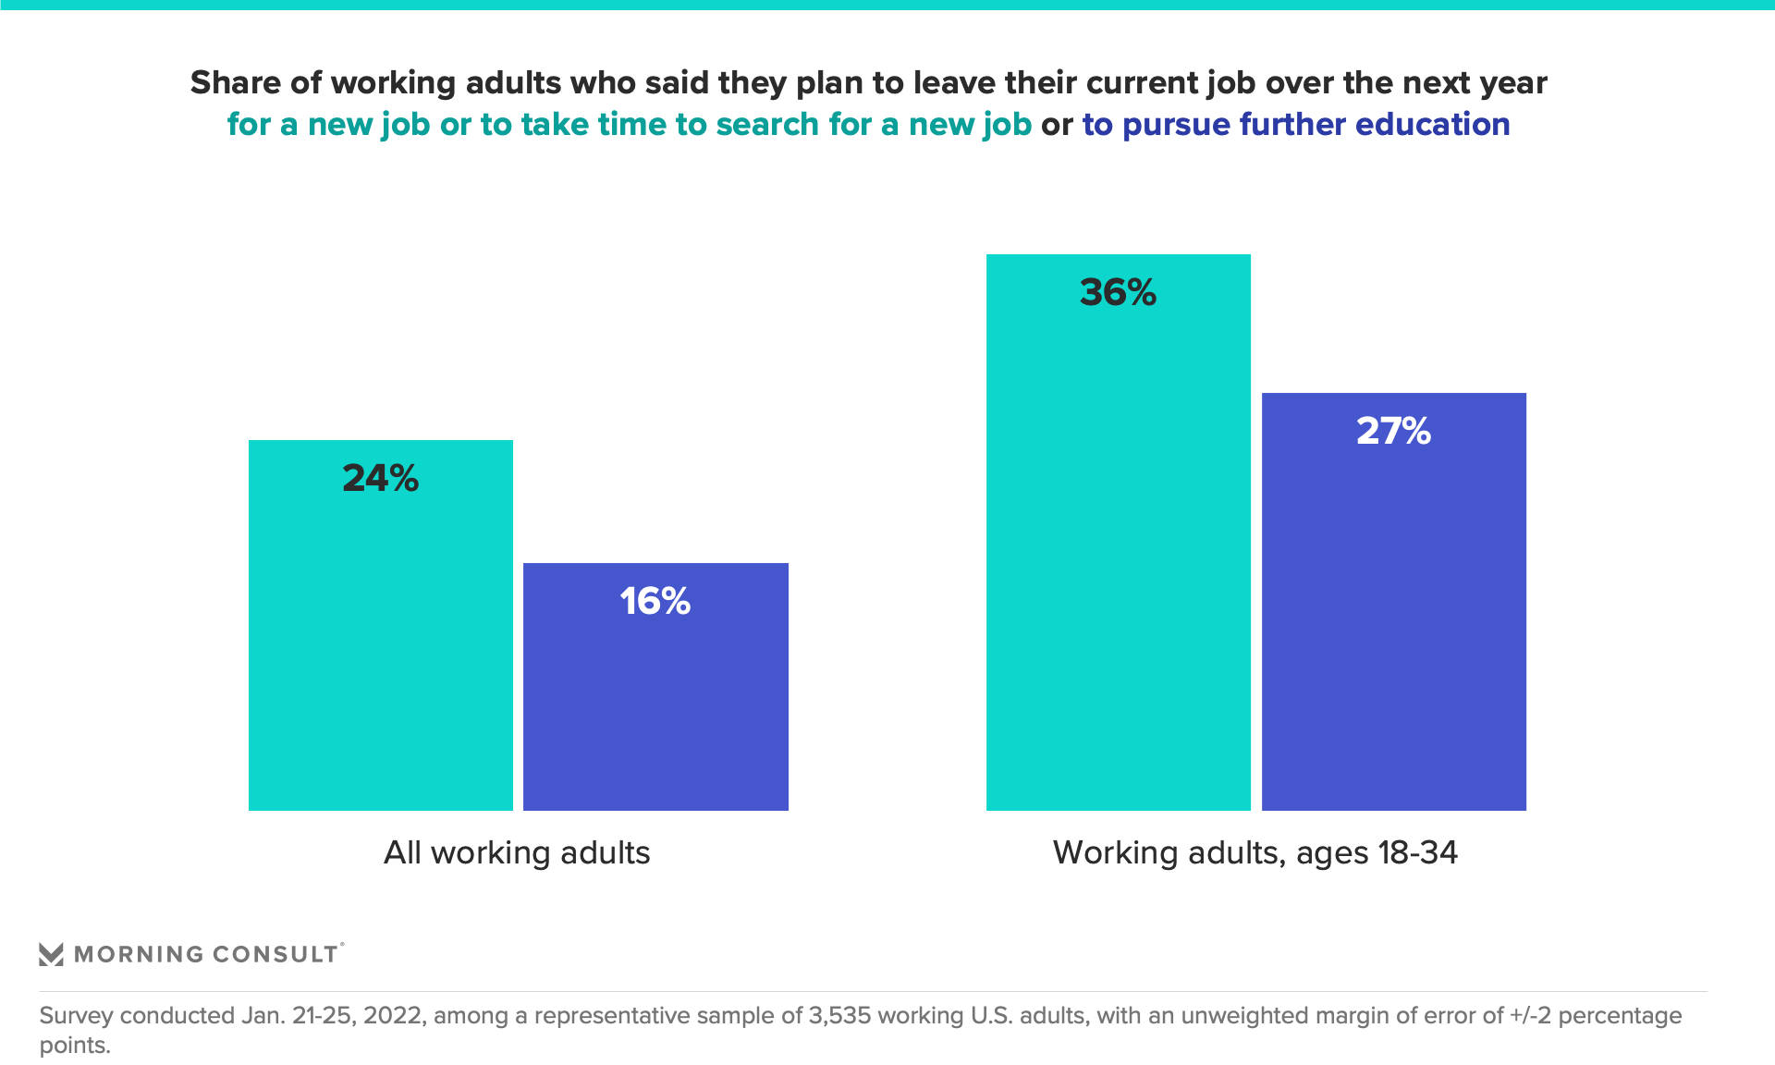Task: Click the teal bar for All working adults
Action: pos(380,647)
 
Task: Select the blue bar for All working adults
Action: pos(655,703)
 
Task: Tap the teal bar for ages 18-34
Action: pos(1118,555)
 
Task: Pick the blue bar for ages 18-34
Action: pos(1393,629)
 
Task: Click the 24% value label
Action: pos(380,478)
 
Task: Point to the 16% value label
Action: pos(655,601)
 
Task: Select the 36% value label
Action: pos(1118,292)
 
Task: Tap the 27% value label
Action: pos(1393,431)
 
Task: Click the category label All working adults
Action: pos(517,852)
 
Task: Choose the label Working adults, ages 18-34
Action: pos(1255,852)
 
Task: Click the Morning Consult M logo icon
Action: pos(51,954)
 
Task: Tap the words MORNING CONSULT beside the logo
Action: pos(205,954)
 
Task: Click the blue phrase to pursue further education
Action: pos(1295,124)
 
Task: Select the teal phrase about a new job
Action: pos(629,124)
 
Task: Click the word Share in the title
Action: pos(236,83)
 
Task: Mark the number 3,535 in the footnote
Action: pos(839,1015)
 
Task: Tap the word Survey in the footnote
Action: pos(76,1015)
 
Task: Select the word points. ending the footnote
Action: pos(74,1046)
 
